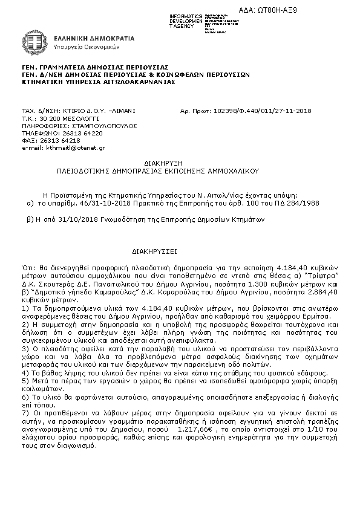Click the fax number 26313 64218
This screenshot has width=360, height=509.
click(60, 140)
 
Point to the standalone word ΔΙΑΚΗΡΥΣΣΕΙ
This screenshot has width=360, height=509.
click(154, 248)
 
